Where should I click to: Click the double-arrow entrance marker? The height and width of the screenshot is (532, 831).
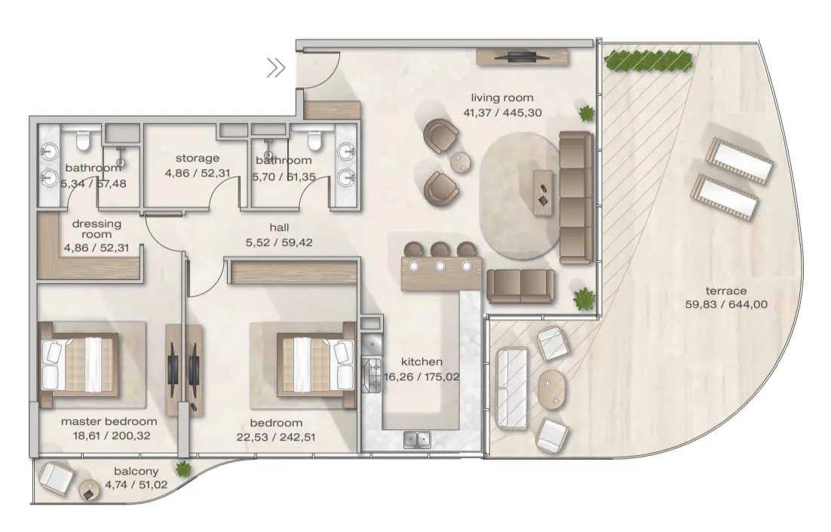tap(276, 69)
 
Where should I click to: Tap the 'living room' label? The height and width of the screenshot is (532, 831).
tap(502, 97)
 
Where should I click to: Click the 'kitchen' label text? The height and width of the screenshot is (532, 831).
tap(422, 361)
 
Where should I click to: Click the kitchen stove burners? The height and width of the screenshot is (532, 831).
tap(372, 374)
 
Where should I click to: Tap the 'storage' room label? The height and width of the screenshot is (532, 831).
tap(198, 158)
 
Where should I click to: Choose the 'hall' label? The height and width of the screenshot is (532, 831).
tap(279, 227)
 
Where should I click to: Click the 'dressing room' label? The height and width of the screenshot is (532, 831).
tap(97, 229)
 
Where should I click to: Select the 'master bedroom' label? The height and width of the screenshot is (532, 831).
tap(109, 421)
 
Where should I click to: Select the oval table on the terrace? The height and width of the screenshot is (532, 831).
tap(550, 389)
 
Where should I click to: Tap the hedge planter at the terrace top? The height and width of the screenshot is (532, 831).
tap(649, 60)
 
